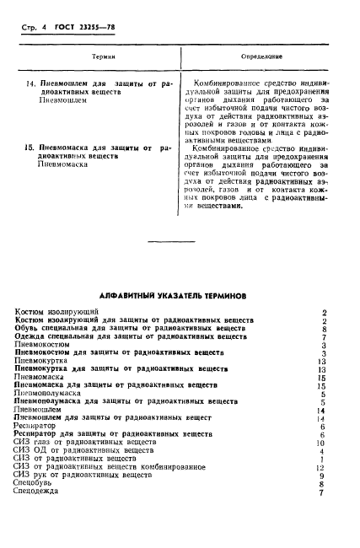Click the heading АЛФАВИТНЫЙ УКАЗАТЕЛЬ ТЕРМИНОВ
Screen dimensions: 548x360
(180, 296)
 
